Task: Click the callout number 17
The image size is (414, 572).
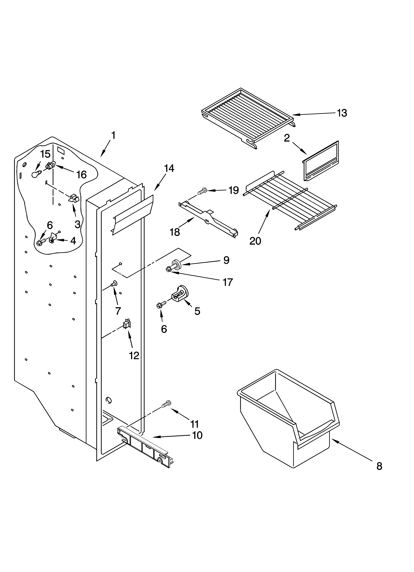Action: [227, 282]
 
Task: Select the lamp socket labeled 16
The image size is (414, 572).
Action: [50, 166]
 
